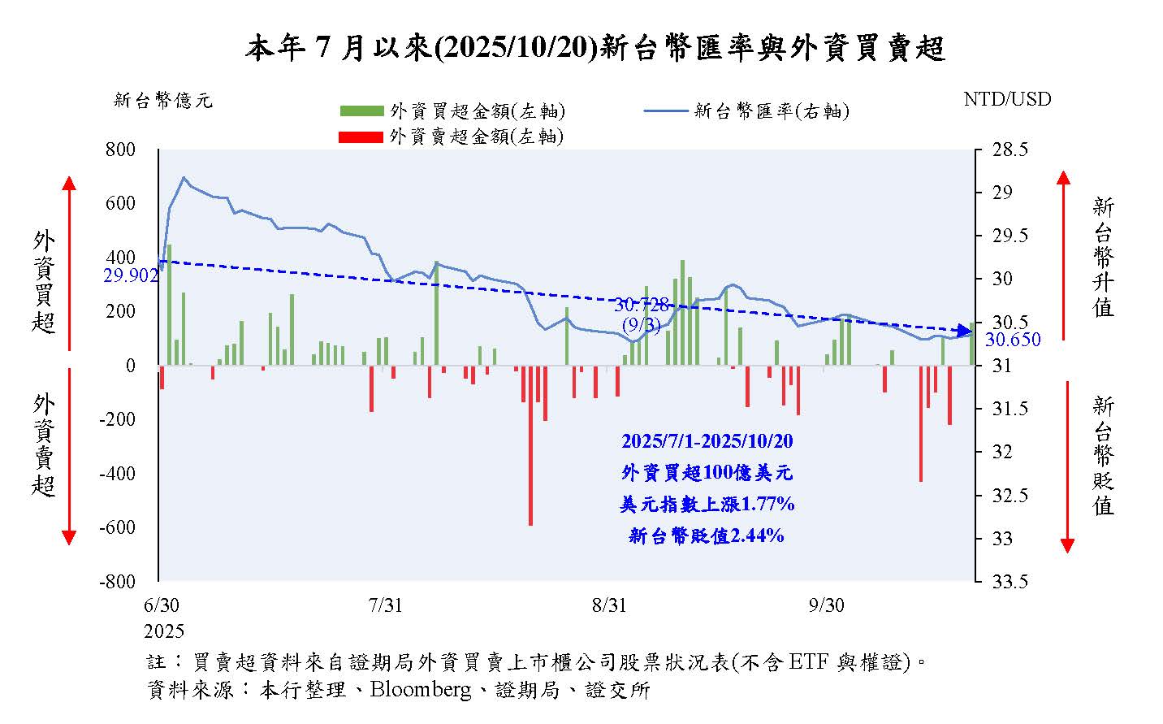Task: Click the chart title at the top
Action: [595, 49]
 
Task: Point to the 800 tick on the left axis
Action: [120, 150]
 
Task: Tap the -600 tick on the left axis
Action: [117, 527]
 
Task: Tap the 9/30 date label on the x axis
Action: [826, 606]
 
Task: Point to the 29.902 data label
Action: [130, 276]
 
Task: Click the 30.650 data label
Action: [1013, 340]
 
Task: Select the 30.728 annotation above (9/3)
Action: [642, 306]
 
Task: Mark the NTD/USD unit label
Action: [1007, 99]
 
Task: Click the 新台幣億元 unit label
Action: [162, 101]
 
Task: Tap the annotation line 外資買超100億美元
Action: [707, 473]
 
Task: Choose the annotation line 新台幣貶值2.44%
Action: [707, 535]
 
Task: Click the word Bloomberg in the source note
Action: [420, 690]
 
